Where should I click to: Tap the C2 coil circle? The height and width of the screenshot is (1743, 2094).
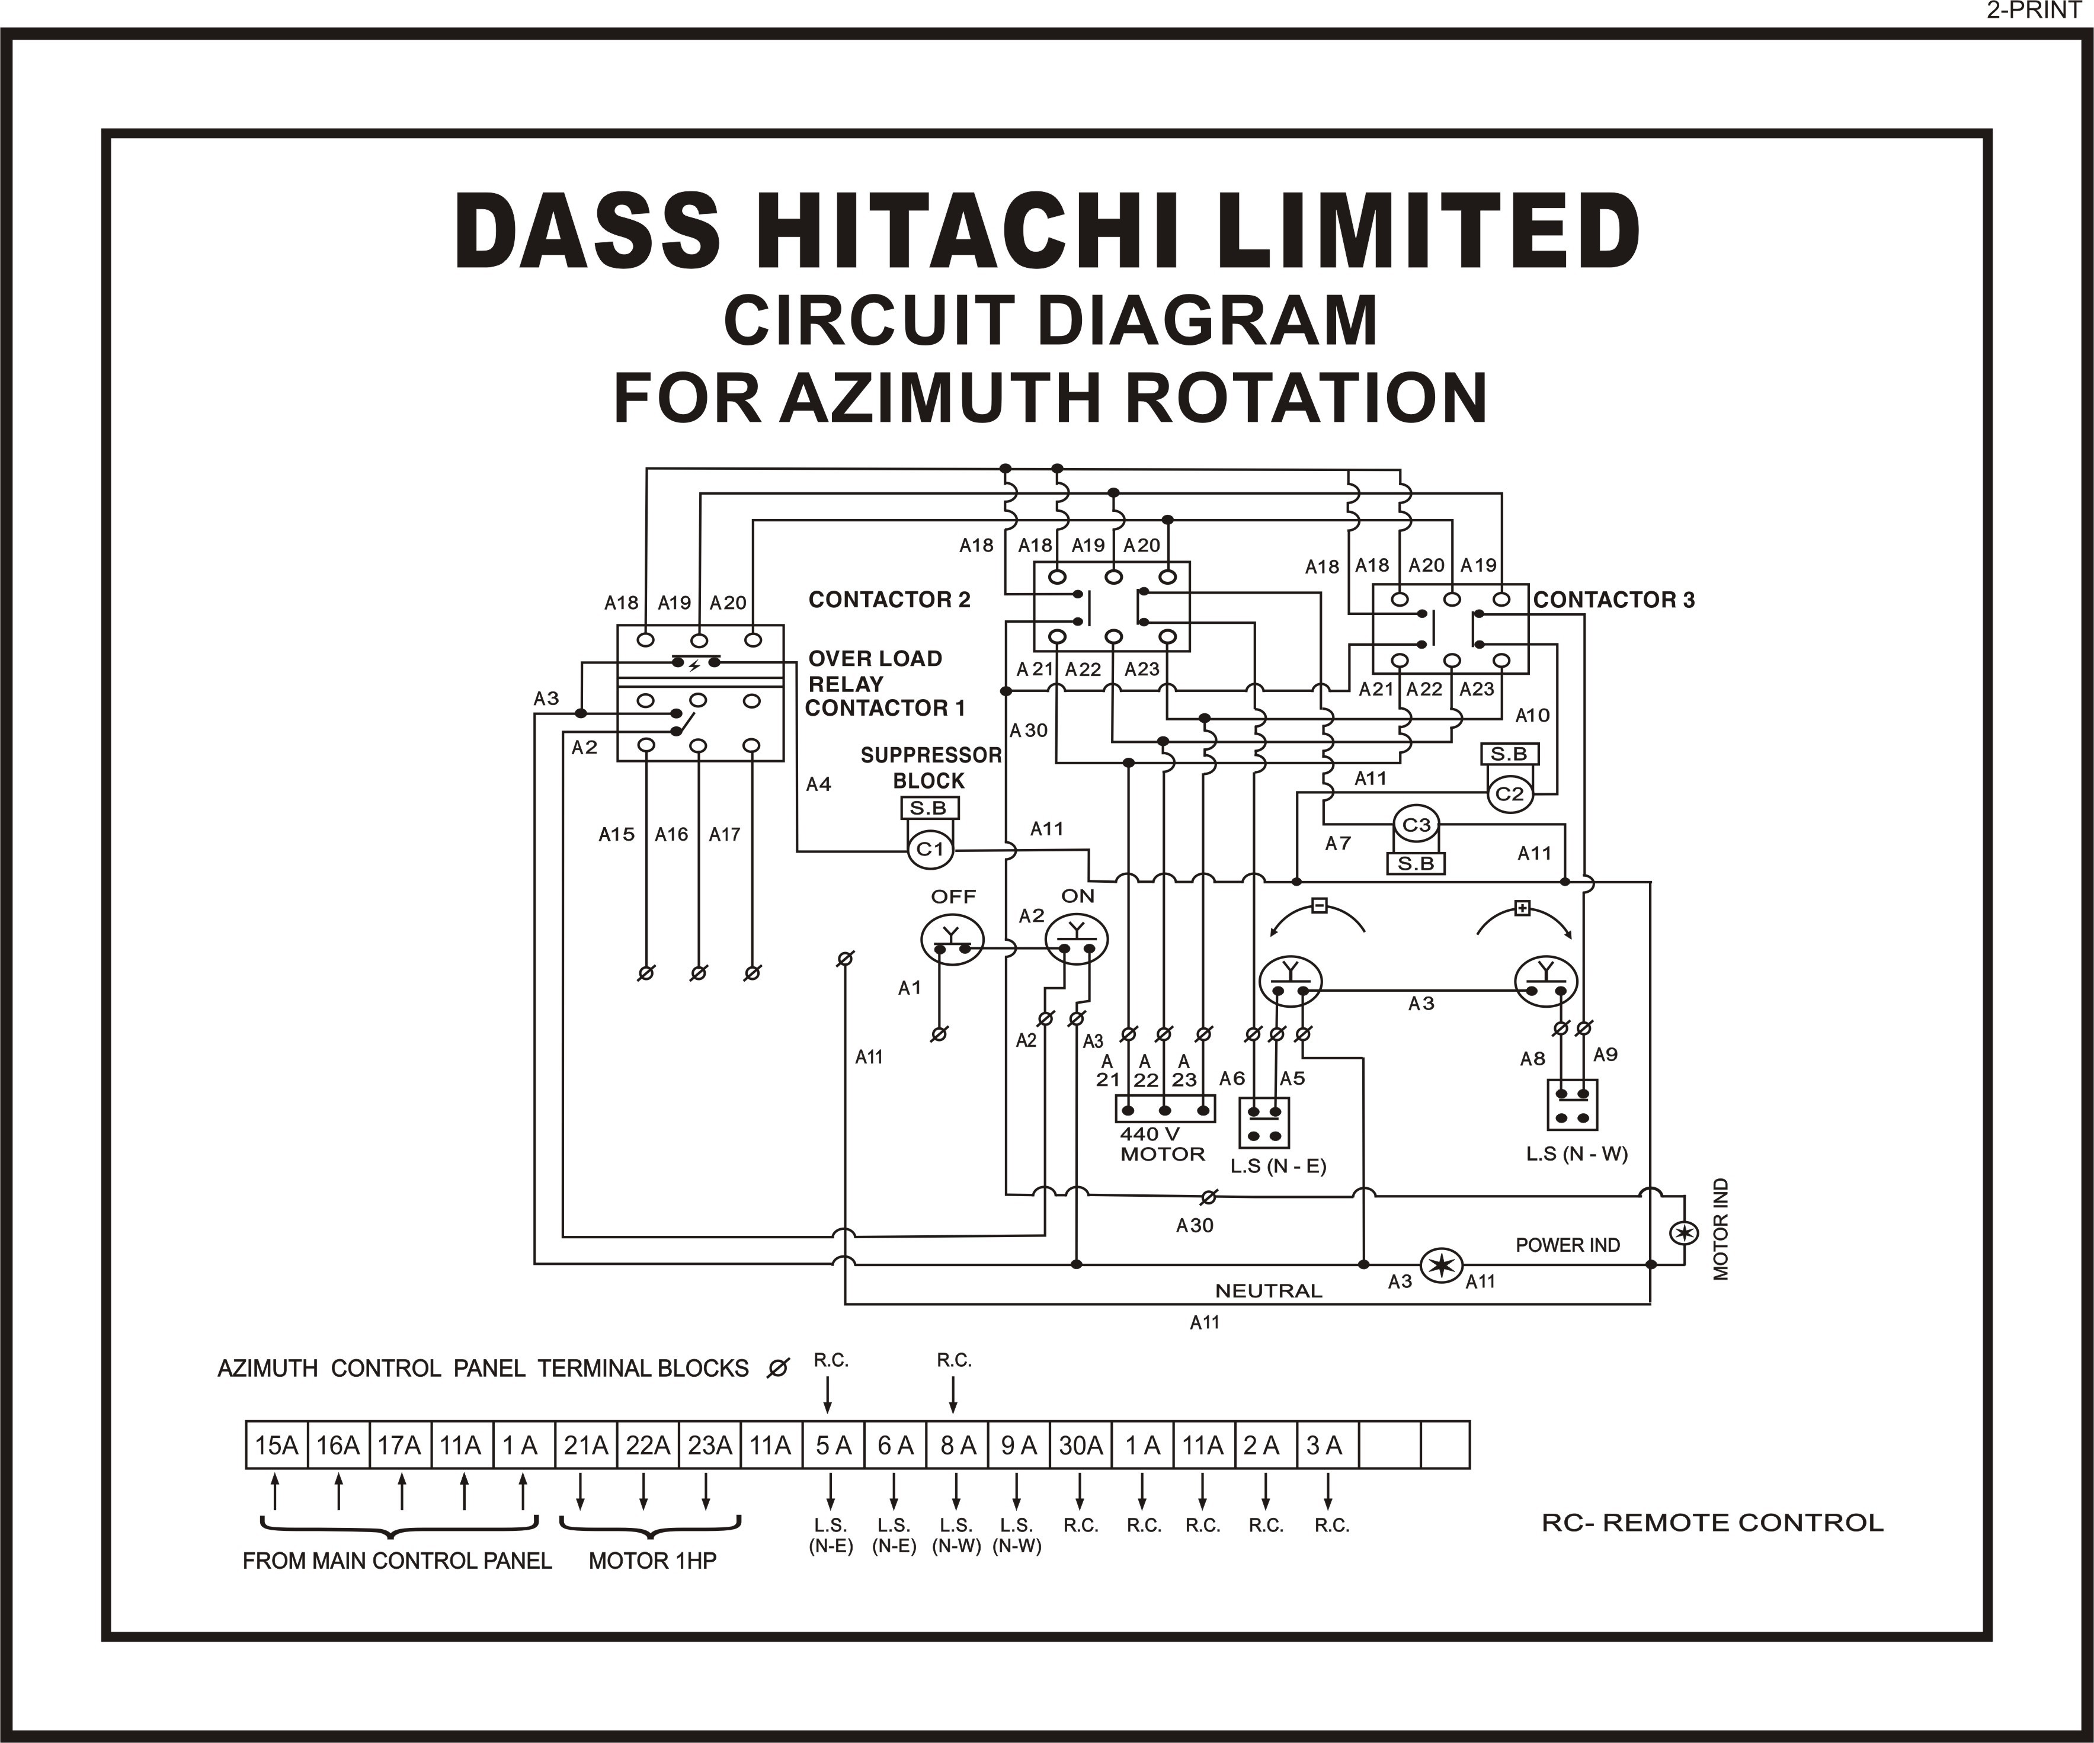1510,794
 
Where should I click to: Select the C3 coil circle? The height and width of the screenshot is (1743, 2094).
1416,826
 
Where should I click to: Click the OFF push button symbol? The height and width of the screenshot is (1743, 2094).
952,939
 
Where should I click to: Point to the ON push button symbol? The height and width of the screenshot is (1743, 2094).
1077,939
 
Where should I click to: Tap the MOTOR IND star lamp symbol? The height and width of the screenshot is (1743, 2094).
1684,1233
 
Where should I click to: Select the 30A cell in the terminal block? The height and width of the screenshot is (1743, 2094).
1080,1446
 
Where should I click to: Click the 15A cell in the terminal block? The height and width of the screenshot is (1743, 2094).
276,1446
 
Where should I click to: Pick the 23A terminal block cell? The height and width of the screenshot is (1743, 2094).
710,1446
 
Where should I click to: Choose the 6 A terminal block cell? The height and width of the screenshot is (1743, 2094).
895,1446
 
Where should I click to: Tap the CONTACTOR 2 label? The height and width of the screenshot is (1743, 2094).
889,600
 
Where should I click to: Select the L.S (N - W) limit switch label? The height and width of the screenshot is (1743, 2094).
1577,1154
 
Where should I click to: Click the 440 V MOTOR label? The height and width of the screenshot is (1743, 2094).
1162,1143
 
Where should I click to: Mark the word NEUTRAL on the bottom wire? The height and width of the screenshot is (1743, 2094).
1269,1290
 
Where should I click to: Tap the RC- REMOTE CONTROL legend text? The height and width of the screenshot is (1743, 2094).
1712,1523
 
